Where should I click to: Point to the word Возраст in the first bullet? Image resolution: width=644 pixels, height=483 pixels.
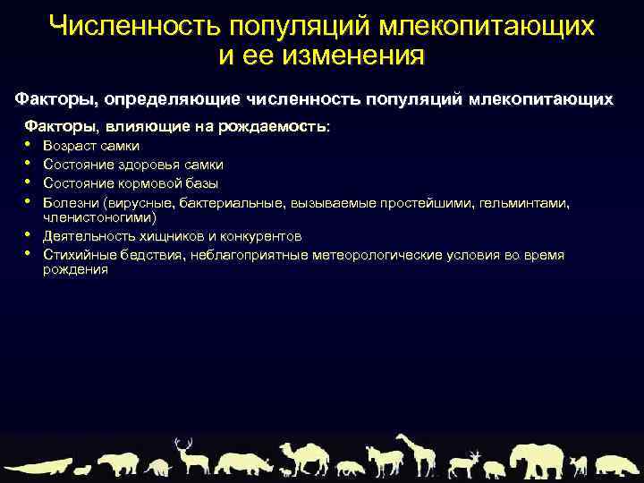click(67, 146)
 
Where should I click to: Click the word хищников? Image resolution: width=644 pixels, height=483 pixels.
click(166, 236)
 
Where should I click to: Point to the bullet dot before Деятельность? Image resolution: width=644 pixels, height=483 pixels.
click(29, 236)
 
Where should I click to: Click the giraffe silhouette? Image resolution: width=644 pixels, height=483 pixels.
click(416, 453)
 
